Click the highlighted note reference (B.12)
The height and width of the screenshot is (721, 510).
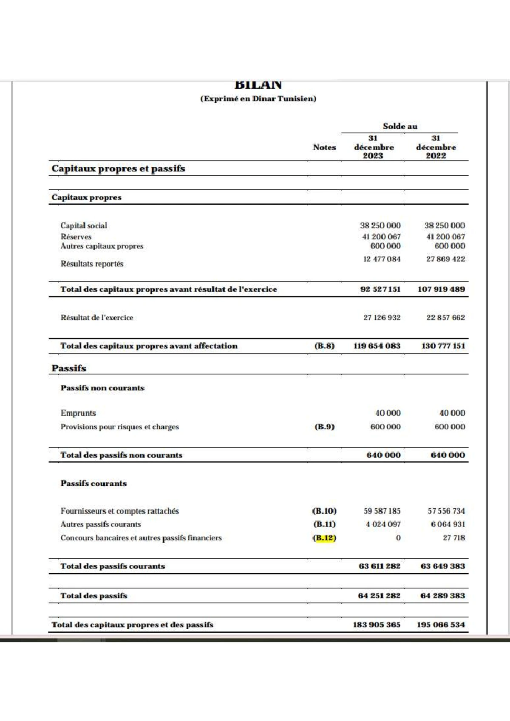324,538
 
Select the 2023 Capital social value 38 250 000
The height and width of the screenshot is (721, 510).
380,225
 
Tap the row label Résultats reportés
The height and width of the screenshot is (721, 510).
92,264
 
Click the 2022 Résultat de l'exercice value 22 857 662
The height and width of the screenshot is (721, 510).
445,318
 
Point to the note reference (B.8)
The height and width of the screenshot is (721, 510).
324,346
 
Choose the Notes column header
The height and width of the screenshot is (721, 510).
324,147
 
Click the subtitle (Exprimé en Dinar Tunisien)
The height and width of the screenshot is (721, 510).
258,99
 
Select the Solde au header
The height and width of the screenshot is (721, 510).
399,126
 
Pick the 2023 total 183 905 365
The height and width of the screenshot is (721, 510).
376,625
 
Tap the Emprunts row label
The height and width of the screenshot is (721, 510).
78,413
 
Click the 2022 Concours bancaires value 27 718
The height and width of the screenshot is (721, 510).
453,538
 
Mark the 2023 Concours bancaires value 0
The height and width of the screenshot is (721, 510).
398,538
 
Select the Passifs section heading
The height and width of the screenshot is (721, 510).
69,368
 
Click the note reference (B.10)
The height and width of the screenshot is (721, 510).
324,511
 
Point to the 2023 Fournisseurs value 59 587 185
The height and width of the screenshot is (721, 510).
382,511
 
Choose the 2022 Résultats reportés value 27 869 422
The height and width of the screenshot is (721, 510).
445,259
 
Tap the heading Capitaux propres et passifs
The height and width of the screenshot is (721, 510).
118,169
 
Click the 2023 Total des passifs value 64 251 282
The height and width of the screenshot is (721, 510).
379,596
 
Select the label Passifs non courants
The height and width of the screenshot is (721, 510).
102,388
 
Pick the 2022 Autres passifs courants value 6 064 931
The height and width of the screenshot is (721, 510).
448,524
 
